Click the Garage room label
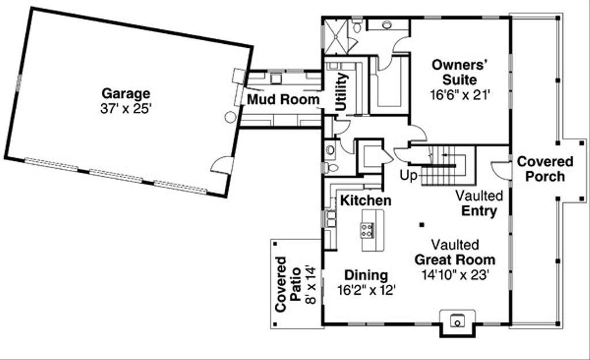[x=126, y=94]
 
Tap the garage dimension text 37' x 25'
[x=126, y=109]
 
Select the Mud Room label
[x=283, y=100]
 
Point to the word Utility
[x=341, y=92]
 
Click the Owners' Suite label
[x=459, y=72]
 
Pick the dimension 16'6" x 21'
[x=460, y=95]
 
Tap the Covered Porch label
[x=545, y=169]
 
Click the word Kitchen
[x=365, y=200]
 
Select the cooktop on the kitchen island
[x=367, y=230]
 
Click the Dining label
[x=366, y=275]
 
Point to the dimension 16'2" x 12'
[x=366, y=290]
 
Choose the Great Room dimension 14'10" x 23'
[x=455, y=275]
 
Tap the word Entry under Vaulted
[x=479, y=211]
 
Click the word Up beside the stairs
[x=409, y=176]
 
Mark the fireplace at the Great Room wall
[x=457, y=323]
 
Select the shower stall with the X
[x=336, y=36]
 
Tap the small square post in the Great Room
[x=422, y=225]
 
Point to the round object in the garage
[x=230, y=117]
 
